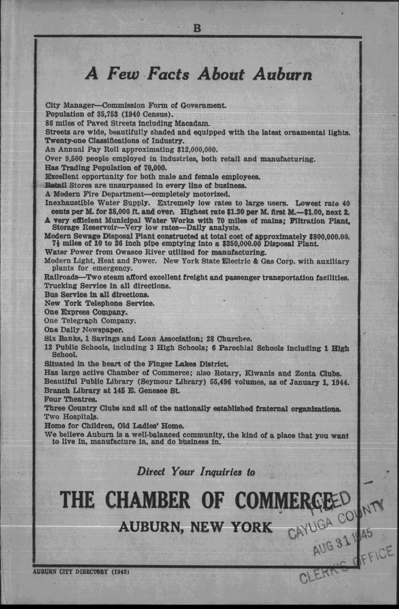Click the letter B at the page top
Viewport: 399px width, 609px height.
(x=197, y=28)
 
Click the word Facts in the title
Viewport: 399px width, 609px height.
(x=169, y=74)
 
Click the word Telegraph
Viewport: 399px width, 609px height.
(x=80, y=321)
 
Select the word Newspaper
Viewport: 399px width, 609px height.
(x=102, y=330)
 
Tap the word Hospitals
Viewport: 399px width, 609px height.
(x=76, y=417)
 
